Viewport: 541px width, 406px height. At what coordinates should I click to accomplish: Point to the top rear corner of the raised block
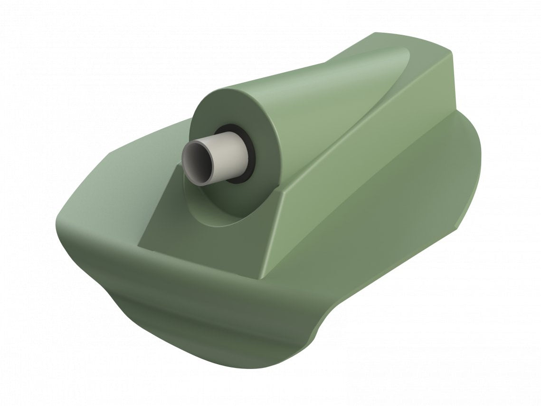point(451,52)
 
